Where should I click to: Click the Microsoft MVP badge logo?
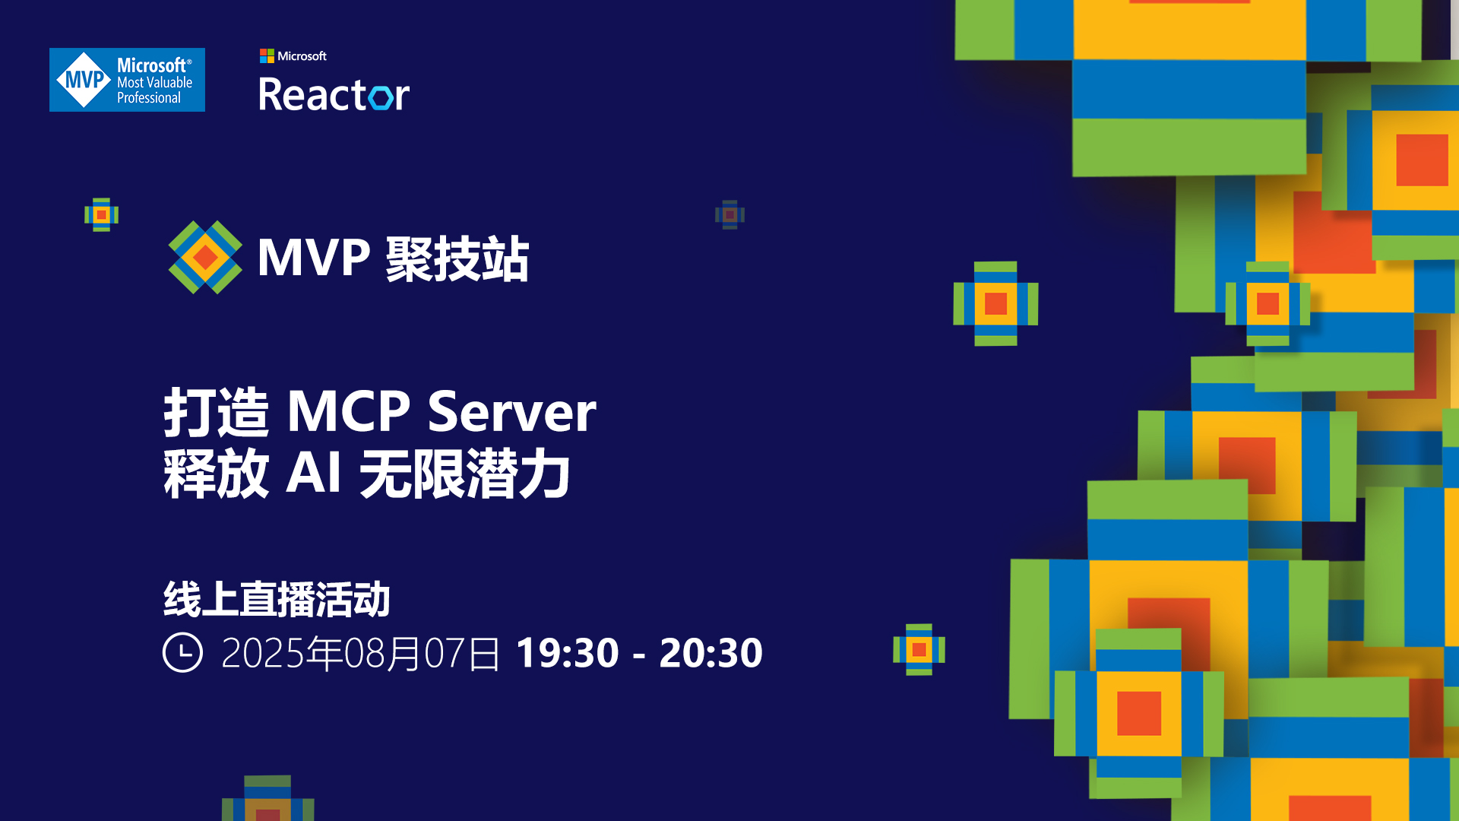[x=127, y=80]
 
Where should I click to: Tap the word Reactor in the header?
[x=334, y=95]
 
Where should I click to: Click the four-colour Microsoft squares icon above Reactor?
[x=267, y=56]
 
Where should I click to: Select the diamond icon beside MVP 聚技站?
[x=205, y=257]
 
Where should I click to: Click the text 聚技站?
[x=457, y=258]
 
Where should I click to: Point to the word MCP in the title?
[x=349, y=411]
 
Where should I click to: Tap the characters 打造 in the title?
[x=217, y=411]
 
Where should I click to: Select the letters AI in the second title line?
[x=313, y=473]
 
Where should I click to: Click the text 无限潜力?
[x=464, y=473]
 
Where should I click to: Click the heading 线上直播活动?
[x=277, y=599]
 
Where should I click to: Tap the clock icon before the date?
[x=182, y=652]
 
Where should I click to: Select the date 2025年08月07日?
[x=360, y=653]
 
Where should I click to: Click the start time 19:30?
[x=568, y=653]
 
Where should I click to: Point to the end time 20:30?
[x=711, y=653]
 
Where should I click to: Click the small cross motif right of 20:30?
[x=919, y=649]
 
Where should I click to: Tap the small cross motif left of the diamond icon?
[x=101, y=214]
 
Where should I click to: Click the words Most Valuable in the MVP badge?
[x=154, y=82]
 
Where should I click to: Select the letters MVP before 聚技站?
[x=314, y=258]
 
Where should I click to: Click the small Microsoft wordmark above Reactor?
[x=302, y=56]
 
